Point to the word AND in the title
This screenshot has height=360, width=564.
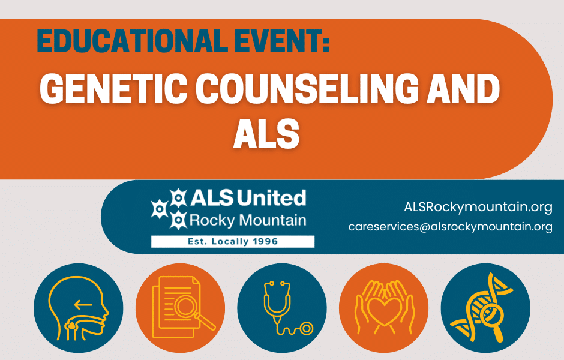(458, 89)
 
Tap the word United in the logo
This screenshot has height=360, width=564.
(272, 197)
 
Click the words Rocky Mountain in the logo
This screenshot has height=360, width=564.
(247, 220)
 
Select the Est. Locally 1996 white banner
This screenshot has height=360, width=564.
(233, 241)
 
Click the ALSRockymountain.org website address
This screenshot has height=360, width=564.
(478, 207)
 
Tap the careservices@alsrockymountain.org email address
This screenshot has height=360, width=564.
(450, 227)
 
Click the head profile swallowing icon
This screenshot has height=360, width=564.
(79, 308)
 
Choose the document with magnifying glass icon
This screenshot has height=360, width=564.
(180, 308)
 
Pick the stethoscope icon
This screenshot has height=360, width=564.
(282, 308)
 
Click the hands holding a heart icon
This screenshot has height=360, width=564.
(384, 308)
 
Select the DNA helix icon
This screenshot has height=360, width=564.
(485, 308)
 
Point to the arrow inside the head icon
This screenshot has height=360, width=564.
(84, 304)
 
